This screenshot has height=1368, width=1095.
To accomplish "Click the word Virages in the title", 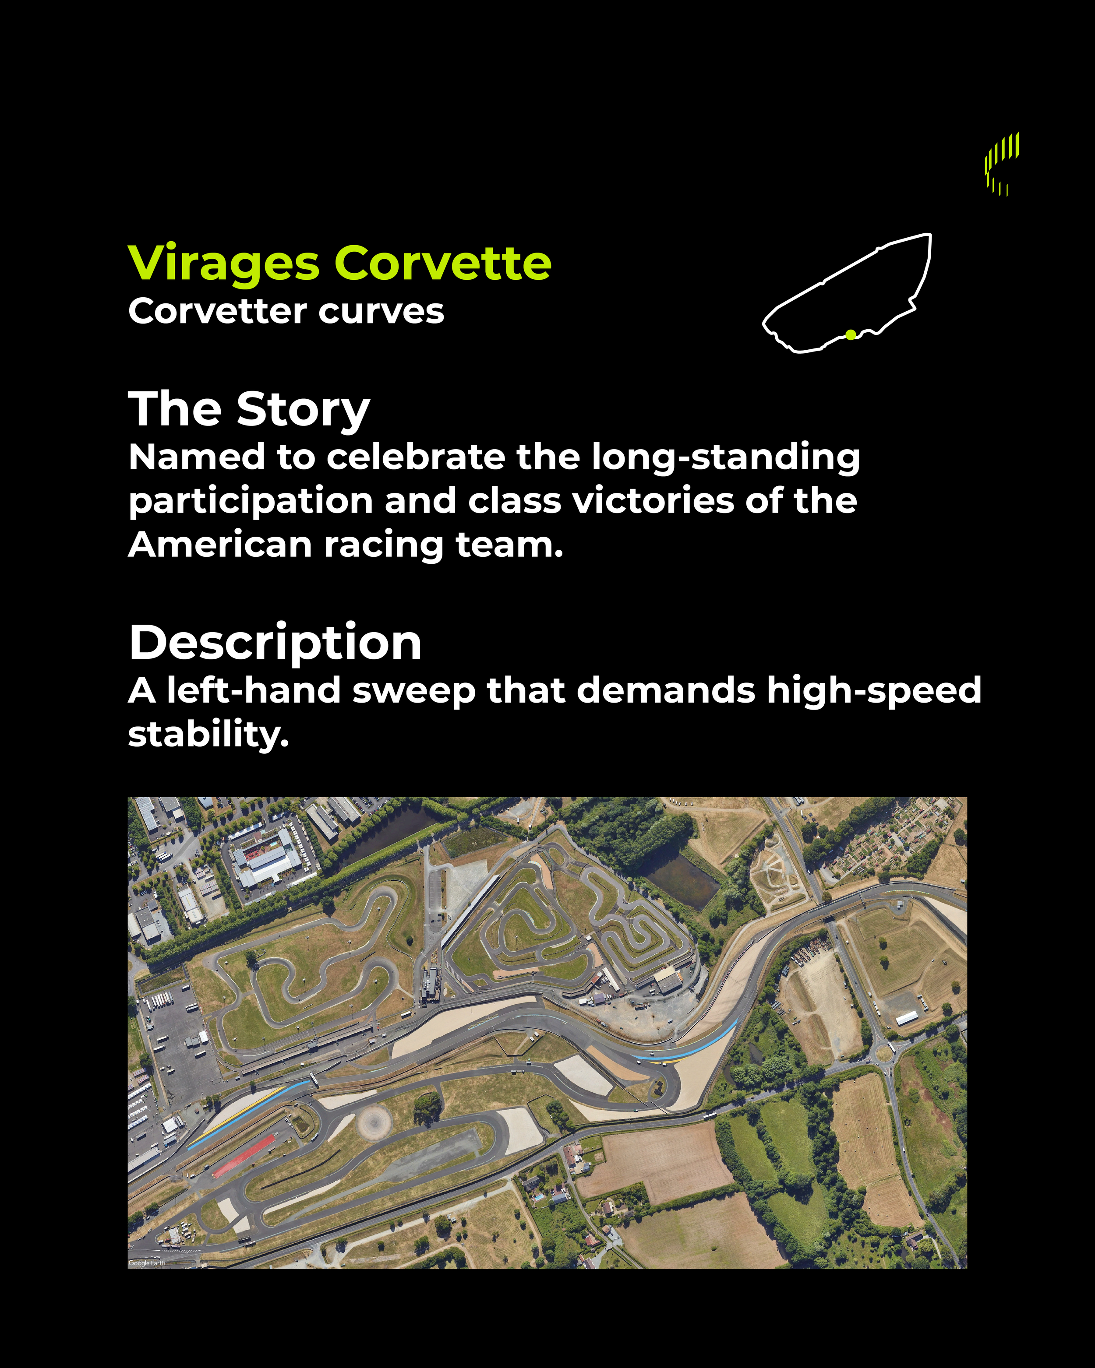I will (223, 264).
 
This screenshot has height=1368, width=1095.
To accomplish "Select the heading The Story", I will (249, 409).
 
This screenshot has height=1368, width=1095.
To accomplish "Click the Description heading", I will (275, 643).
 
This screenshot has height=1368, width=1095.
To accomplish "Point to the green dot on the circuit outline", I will (851, 334).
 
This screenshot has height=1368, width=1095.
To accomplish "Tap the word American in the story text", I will (219, 545).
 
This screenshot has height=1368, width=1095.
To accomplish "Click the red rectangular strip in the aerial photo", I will (243, 1155).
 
